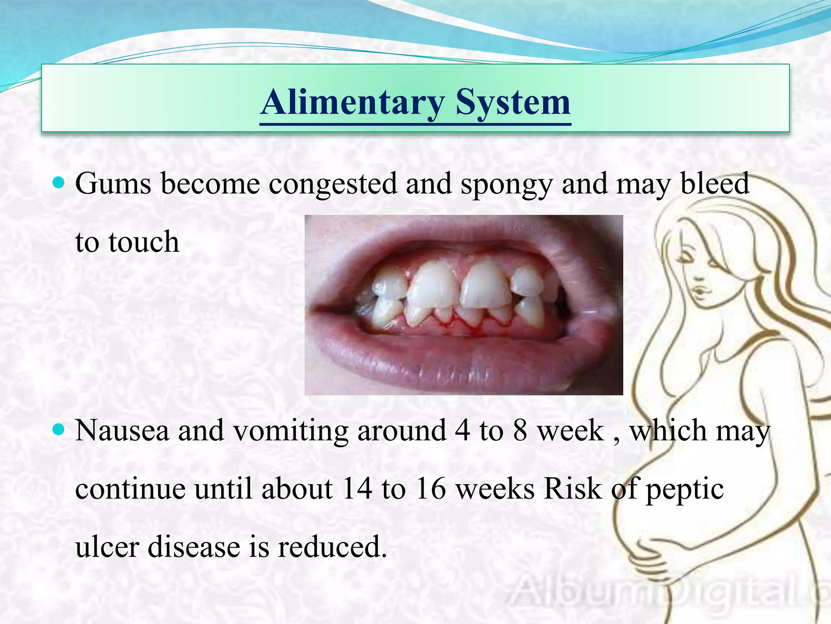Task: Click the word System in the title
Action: [x=513, y=102]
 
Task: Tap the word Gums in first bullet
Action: [x=113, y=184]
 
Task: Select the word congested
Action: [x=332, y=184]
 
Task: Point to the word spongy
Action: [x=506, y=184]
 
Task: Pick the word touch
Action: [x=144, y=242]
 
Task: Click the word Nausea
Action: [x=122, y=430]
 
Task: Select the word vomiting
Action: [x=291, y=430]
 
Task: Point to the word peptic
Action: [x=685, y=489]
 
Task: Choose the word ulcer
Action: [x=107, y=547]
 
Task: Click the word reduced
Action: [x=332, y=547]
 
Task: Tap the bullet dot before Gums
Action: [x=59, y=183]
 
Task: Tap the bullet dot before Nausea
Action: [x=59, y=429]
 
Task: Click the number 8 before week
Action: [x=520, y=430]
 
